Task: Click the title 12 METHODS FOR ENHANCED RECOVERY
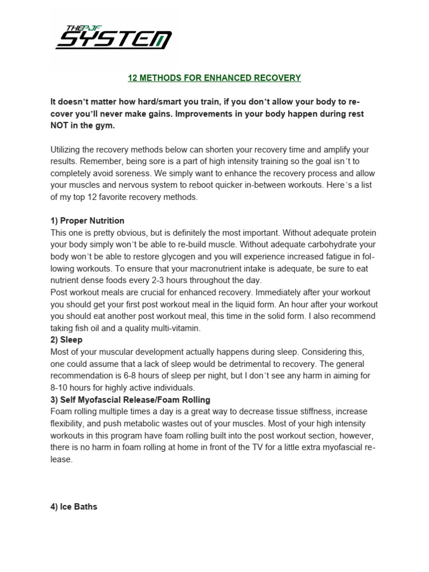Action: coord(214,78)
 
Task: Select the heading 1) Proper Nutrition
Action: coord(87,221)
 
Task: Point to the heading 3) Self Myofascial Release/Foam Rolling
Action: coord(130,400)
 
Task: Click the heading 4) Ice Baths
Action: coord(74,507)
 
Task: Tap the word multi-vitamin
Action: coord(175,328)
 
